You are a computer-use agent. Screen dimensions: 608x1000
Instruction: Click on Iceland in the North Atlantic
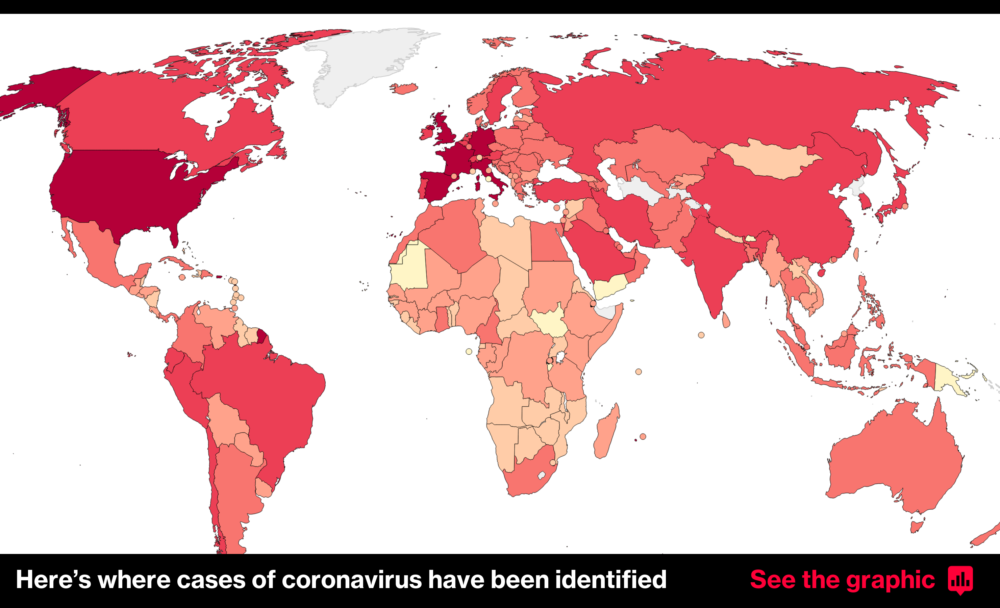pyautogui.click(x=404, y=88)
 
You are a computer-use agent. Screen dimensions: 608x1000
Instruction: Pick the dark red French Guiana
pyautogui.click(x=262, y=336)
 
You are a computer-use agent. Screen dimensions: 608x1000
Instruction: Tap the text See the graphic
pyautogui.click(x=842, y=580)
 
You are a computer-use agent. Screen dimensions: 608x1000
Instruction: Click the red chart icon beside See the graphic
pyautogui.click(x=960, y=580)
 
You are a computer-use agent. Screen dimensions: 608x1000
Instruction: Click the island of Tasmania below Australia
pyautogui.click(x=917, y=527)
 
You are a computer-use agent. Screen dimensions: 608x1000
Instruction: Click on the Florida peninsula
pyautogui.click(x=174, y=237)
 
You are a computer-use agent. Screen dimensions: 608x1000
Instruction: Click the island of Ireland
pyautogui.click(x=427, y=132)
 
